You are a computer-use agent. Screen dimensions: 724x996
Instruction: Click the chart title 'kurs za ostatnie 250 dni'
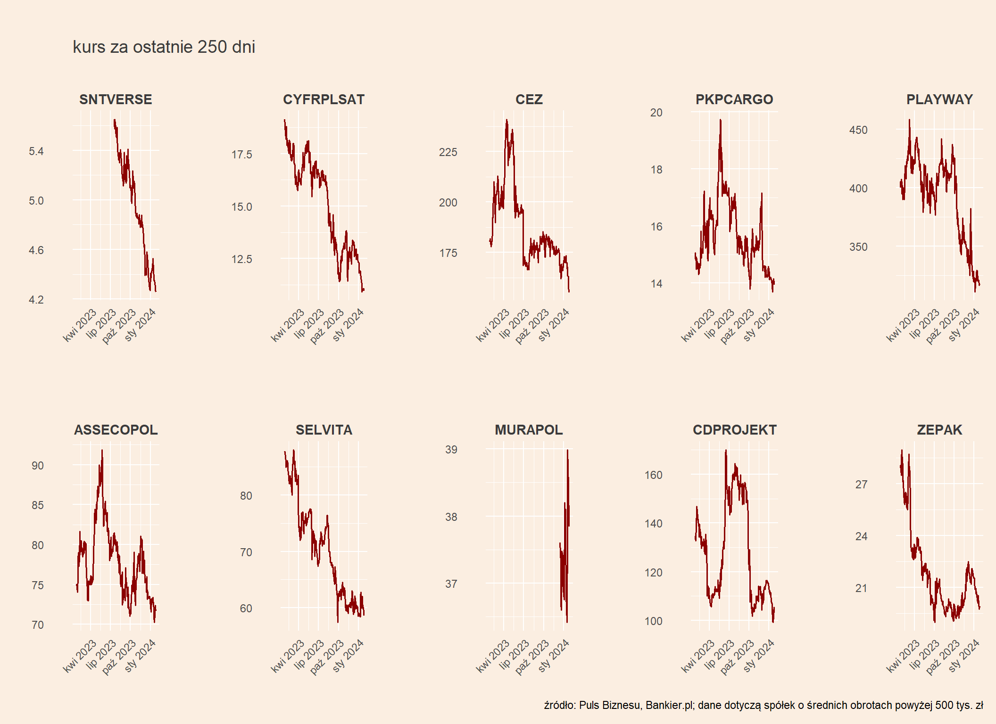click(164, 47)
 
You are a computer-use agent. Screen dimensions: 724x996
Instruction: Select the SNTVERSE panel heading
click(116, 99)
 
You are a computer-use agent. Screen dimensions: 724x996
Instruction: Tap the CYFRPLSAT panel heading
click(324, 99)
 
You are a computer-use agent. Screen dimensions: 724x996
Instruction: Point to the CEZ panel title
click(529, 99)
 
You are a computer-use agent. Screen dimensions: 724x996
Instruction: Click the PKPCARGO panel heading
click(734, 99)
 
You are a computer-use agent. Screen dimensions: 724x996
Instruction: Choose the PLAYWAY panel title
click(939, 99)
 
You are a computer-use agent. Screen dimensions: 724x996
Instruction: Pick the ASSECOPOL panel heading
click(116, 430)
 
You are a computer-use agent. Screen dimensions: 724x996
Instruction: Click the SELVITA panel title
click(324, 430)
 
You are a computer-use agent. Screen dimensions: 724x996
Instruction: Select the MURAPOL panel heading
click(529, 430)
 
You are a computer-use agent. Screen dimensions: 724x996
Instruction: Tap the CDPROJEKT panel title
click(734, 430)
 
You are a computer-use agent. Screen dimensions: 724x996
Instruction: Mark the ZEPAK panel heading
click(939, 430)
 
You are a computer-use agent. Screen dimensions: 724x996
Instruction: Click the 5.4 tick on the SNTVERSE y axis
click(36, 151)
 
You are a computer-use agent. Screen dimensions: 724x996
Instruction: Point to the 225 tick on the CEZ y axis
click(448, 152)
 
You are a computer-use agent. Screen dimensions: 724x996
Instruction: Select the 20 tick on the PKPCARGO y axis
click(656, 113)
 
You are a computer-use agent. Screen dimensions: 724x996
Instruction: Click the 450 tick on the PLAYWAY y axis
click(858, 130)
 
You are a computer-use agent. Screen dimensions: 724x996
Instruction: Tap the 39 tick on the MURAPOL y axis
click(451, 450)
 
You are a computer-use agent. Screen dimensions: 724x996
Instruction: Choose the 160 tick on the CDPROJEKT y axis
click(653, 475)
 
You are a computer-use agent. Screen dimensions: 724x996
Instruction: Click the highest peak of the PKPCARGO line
click(720, 120)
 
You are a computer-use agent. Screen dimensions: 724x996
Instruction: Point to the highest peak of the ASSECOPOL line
click(102, 451)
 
